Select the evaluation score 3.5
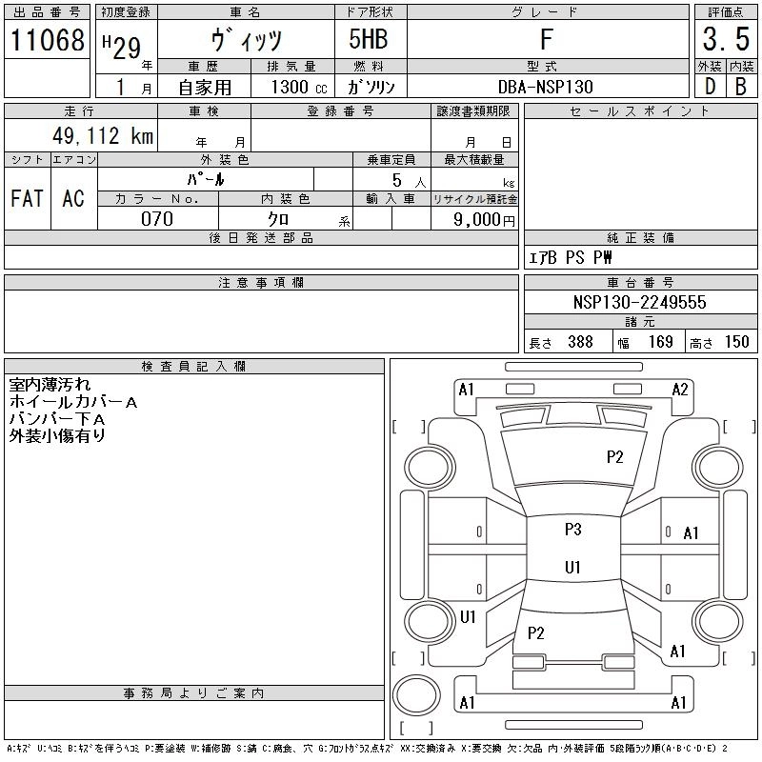tap(723, 40)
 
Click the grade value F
tap(547, 40)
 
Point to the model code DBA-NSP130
tap(546, 87)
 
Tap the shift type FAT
tap(27, 198)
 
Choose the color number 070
tap(157, 219)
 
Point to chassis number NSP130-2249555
tap(639, 302)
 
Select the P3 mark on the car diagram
tap(572, 530)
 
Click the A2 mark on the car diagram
tap(680, 389)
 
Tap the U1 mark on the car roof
tap(572, 568)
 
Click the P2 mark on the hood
tap(614, 457)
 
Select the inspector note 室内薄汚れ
tap(50, 385)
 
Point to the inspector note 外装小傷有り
tap(57, 435)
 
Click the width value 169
tap(661, 342)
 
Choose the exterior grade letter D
tap(710, 87)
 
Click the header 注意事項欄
tap(261, 283)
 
